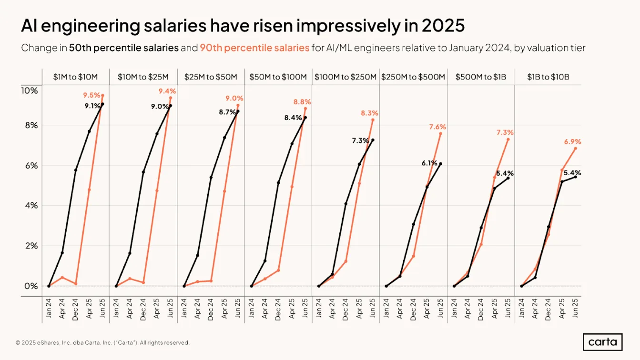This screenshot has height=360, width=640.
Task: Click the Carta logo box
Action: (602, 342)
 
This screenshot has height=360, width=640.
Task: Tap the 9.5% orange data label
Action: (91, 95)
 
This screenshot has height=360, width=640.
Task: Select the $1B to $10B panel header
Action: (548, 77)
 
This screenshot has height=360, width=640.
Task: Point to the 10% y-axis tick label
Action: (30, 90)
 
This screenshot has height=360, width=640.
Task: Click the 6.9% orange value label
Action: (572, 141)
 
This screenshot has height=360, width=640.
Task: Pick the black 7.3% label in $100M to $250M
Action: (360, 140)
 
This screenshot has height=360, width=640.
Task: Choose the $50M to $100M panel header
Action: (278, 77)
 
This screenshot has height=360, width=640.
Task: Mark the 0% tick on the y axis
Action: (31, 286)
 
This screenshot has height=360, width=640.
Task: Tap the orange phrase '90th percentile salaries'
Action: (254, 48)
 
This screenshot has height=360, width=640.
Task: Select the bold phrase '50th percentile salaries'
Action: (124, 48)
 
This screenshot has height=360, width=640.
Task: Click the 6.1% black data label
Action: (429, 163)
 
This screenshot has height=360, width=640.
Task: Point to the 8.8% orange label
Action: (302, 102)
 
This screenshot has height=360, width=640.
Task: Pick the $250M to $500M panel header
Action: (413, 77)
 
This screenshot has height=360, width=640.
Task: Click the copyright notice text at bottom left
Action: (102, 342)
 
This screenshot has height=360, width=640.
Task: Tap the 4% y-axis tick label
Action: (31, 205)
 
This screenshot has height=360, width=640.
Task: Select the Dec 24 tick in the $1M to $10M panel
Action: (75, 310)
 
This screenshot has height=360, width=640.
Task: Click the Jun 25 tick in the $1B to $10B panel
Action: (575, 308)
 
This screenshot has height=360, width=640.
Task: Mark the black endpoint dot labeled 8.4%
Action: (305, 118)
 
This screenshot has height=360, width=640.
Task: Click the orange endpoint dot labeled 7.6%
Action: (441, 134)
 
